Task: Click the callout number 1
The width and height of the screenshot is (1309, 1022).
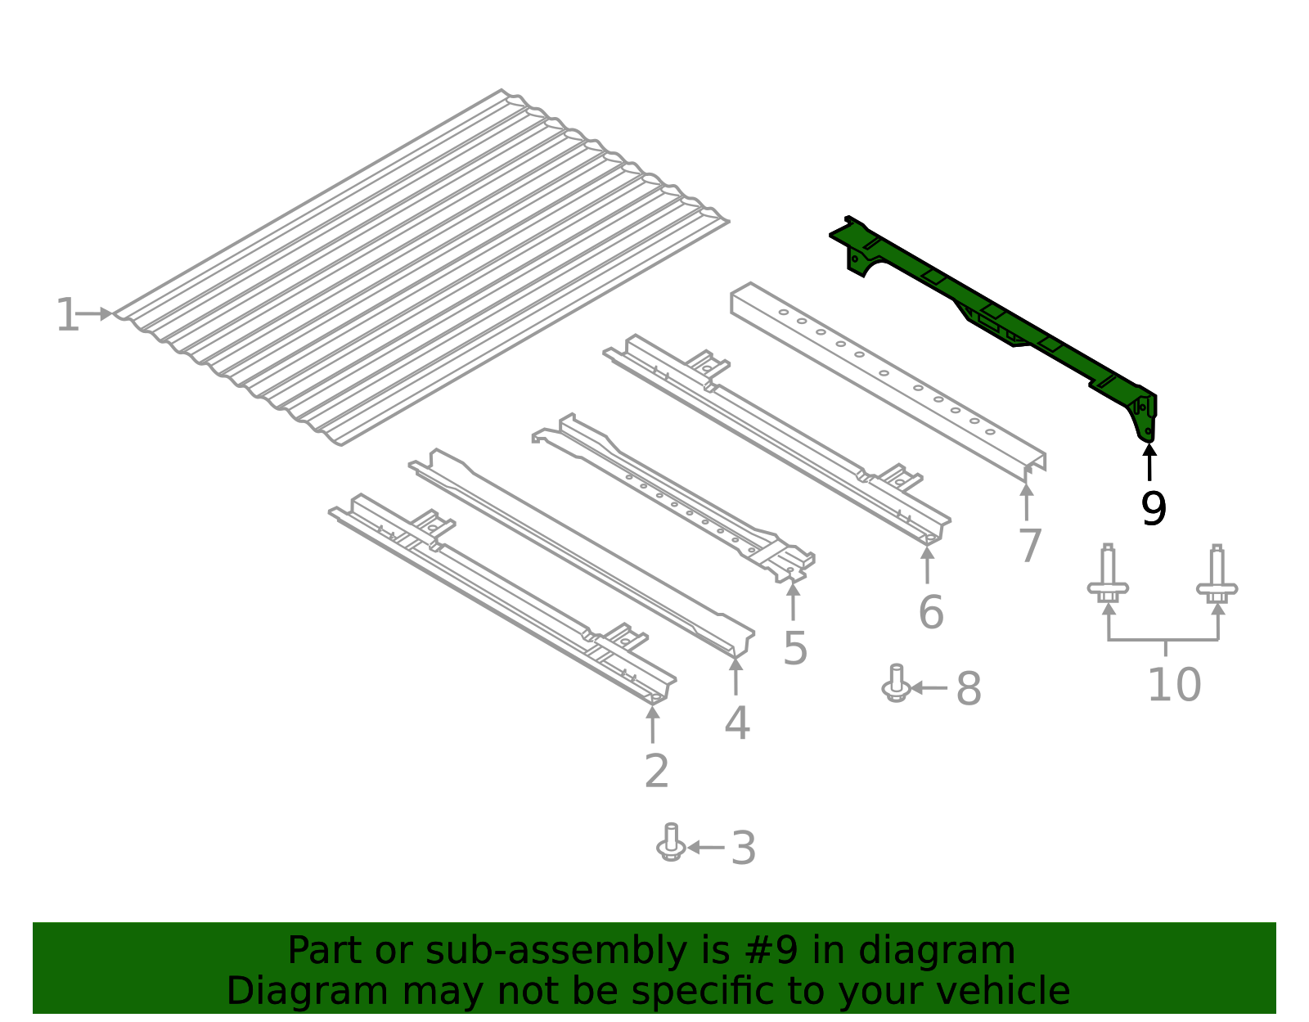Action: pyautogui.click(x=66, y=314)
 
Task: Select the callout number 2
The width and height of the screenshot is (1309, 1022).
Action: pyautogui.click(x=656, y=771)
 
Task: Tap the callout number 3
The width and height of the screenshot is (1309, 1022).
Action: pyautogui.click(x=744, y=848)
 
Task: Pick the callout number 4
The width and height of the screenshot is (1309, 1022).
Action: pyautogui.click(x=737, y=723)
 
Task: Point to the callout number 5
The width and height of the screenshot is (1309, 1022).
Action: pyautogui.click(x=795, y=648)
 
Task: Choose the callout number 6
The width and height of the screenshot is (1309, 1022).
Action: pyautogui.click(x=931, y=612)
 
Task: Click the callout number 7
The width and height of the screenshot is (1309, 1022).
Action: pyautogui.click(x=1030, y=546)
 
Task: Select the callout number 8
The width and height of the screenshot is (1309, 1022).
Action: pyautogui.click(x=969, y=688)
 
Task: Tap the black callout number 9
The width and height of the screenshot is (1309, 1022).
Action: pyautogui.click(x=1153, y=509)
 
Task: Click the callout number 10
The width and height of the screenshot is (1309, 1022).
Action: pyautogui.click(x=1174, y=685)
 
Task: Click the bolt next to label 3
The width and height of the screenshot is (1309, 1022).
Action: pyautogui.click(x=671, y=842)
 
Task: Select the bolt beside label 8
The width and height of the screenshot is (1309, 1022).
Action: pyautogui.click(x=896, y=683)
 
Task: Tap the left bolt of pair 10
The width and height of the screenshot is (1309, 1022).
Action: pyautogui.click(x=1108, y=574)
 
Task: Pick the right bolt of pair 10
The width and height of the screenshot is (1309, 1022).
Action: pyautogui.click(x=1217, y=574)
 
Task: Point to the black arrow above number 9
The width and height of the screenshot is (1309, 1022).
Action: pyautogui.click(x=1149, y=462)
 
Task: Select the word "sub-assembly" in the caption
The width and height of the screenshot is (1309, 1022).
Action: pyautogui.click(x=556, y=952)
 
